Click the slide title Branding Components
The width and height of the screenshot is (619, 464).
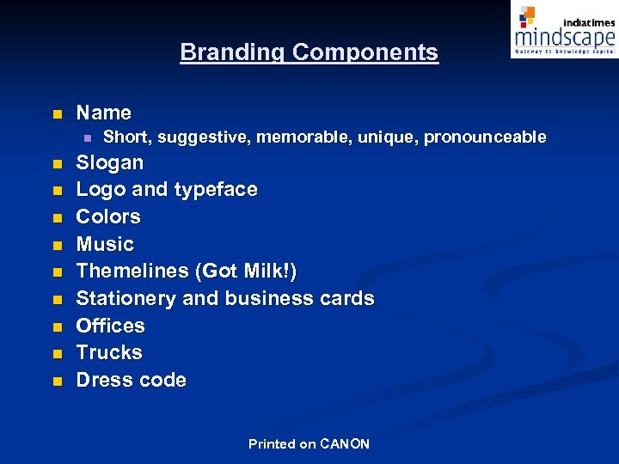(309, 52)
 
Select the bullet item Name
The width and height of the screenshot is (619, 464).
(104, 113)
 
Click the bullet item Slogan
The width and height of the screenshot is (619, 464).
(110, 162)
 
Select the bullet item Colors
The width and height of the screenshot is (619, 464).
(108, 217)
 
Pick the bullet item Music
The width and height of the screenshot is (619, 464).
(105, 244)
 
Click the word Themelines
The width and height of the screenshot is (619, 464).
(133, 272)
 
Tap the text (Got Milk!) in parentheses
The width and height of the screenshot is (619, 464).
(247, 272)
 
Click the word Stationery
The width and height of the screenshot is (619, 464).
(126, 299)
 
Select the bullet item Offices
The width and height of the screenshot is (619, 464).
(111, 326)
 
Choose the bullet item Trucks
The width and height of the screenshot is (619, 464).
(109, 353)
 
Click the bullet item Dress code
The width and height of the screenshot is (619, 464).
(132, 380)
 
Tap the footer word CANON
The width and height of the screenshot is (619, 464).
(345, 444)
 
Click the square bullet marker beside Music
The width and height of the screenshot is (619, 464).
(57, 246)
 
